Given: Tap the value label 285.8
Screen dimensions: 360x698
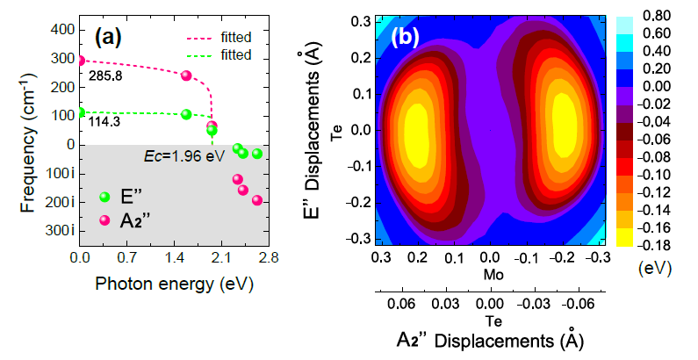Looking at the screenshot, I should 106,77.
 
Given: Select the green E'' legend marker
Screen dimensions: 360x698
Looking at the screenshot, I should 104,197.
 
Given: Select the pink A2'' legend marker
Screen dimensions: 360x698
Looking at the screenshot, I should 104,220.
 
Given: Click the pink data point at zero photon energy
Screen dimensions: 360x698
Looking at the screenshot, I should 81,61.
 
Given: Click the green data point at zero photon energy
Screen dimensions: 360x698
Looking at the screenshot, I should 81,112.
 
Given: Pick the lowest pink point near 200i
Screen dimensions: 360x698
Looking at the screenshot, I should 257,200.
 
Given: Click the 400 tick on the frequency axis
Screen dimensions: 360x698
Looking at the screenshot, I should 61,30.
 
